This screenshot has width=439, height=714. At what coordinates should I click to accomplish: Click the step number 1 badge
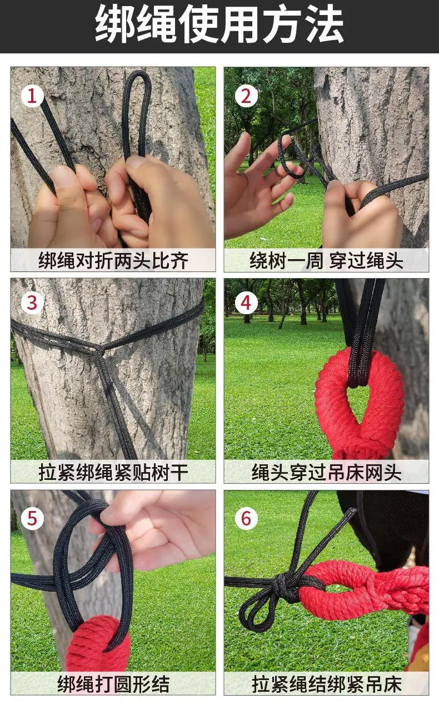32,96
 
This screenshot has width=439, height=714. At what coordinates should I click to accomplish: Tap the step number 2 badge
246,96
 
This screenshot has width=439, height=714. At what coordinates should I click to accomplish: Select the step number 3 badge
32,303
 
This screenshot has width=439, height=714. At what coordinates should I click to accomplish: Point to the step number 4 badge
246,303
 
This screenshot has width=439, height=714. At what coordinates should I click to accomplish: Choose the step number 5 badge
32,519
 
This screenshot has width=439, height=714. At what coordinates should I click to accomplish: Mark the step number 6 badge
246,519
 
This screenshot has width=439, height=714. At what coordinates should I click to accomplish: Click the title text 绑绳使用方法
219,24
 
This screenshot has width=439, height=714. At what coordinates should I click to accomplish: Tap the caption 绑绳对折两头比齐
113,260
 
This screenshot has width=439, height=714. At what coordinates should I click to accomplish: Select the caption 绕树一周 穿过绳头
326,260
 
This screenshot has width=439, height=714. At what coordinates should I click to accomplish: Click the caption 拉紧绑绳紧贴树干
113,472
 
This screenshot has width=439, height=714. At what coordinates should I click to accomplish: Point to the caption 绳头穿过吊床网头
326,472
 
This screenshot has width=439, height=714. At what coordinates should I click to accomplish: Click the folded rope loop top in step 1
138,75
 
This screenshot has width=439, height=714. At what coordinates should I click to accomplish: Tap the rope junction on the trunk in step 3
99,350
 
